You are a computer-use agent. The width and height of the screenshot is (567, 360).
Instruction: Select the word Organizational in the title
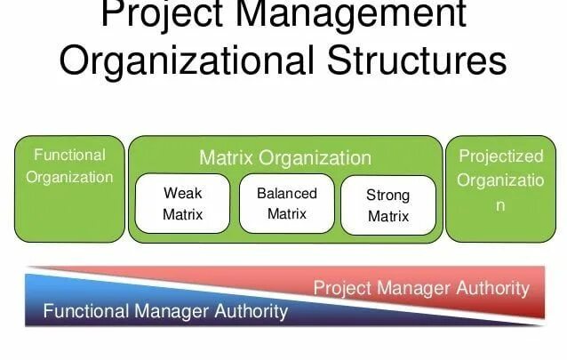[x=184, y=61]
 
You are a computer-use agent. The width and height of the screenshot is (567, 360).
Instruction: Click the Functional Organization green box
[x=69, y=188]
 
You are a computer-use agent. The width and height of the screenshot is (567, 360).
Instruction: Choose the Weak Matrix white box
[x=183, y=204]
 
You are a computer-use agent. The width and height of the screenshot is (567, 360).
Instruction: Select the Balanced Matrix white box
[x=286, y=204]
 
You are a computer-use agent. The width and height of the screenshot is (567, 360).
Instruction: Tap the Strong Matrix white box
[x=388, y=205]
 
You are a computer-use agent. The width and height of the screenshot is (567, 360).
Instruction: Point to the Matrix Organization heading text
[x=285, y=158]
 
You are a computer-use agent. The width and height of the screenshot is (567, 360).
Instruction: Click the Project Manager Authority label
[x=420, y=287]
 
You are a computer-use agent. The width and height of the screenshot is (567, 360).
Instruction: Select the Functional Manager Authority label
[x=165, y=311]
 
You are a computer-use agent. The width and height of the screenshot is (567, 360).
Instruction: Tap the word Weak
[x=183, y=193]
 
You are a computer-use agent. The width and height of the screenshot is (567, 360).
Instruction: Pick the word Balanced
[x=286, y=193]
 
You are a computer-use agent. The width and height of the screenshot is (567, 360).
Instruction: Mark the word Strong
[x=388, y=195]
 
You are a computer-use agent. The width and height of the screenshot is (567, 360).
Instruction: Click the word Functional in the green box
[x=69, y=155]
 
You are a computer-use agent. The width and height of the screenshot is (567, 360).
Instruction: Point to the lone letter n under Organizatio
[x=500, y=205]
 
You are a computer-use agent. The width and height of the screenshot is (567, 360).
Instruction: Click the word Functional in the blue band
[x=85, y=311]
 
